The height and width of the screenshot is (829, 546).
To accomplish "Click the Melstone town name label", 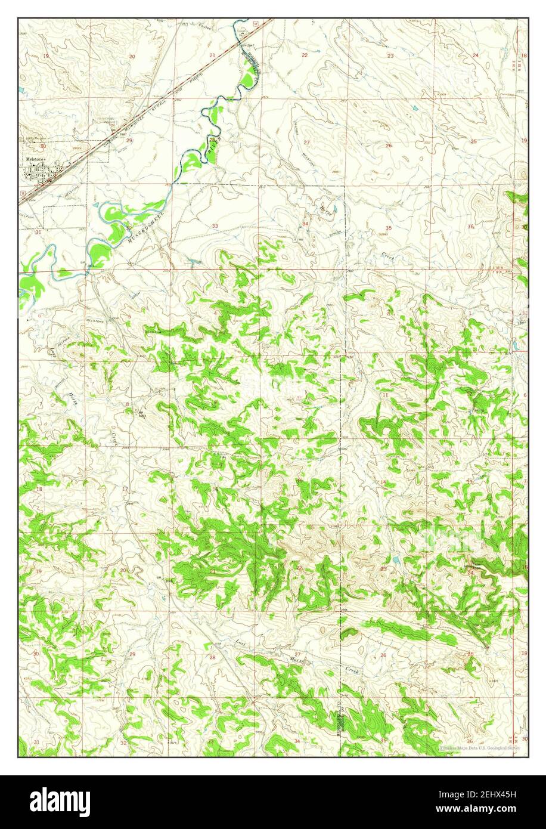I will [34, 159].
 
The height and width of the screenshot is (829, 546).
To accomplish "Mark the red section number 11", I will [386, 395].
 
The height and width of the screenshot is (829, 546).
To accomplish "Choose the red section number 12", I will [470, 394].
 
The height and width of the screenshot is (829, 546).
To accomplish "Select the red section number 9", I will [215, 403].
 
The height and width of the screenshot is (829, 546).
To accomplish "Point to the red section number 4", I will [215, 313].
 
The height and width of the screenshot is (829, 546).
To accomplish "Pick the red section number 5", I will [129, 316].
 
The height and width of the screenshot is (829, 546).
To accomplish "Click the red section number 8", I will [127, 404].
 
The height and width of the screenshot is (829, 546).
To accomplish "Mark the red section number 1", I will [470, 313].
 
